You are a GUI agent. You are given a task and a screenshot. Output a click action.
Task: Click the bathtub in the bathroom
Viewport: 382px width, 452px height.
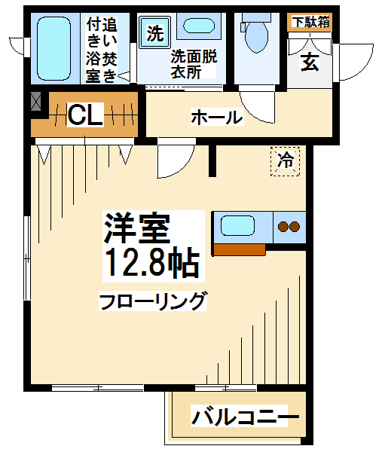(x=54, y=48)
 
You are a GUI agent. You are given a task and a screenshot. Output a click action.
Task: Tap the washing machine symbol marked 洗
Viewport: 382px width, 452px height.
(x=155, y=32)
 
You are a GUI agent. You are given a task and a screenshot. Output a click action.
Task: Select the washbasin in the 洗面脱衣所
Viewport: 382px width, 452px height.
(x=199, y=26)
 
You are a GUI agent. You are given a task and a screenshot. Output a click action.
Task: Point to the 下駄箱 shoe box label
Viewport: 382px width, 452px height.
(x=310, y=22)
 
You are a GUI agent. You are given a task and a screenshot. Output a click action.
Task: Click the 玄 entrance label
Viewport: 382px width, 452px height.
(x=310, y=63)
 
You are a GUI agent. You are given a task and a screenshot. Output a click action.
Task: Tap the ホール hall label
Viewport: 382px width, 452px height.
(x=217, y=117)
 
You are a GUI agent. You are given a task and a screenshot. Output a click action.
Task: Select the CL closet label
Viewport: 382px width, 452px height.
(x=85, y=115)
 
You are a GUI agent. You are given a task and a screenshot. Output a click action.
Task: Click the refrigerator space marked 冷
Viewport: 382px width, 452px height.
(x=286, y=161)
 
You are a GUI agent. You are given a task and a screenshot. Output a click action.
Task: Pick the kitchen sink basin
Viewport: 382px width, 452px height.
(x=238, y=226)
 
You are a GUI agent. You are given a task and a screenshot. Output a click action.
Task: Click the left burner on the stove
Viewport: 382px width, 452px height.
(x=283, y=227)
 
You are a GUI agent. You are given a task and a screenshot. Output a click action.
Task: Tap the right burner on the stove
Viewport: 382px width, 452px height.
(x=295, y=227)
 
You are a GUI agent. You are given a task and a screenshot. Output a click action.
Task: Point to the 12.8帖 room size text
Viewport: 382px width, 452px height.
(x=152, y=264)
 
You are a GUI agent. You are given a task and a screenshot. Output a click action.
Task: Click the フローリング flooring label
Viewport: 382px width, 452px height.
(x=153, y=301)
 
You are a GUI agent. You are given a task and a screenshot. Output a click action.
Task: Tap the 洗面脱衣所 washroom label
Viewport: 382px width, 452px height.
(x=194, y=64)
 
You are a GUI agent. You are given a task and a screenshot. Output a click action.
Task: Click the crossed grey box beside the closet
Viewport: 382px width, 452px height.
(x=35, y=101)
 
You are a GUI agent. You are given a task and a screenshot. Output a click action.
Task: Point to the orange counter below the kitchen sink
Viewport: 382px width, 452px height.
(x=240, y=249)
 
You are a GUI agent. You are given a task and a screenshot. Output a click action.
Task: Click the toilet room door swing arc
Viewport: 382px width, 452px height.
(x=254, y=113)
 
